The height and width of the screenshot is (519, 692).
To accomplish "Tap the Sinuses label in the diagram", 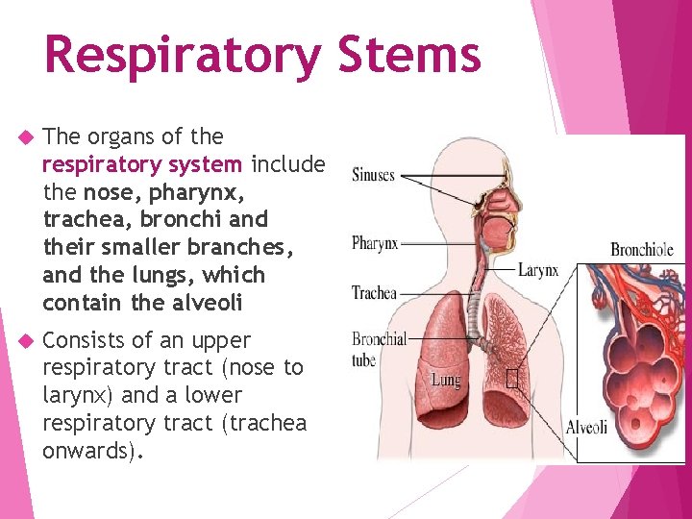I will pos(374,175).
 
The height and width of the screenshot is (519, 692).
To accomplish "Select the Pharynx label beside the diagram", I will pos(375,243).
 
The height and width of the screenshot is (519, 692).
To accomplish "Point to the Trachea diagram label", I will pos(374,292).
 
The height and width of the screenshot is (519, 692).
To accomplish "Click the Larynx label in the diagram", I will pos(538,270).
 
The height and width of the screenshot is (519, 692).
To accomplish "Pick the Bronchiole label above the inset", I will pos(642,250).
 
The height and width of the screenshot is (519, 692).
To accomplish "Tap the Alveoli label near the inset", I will pos(586,427).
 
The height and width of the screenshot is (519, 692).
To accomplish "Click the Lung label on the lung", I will pos(445,380).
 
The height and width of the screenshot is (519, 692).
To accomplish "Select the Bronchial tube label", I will pos(378,349).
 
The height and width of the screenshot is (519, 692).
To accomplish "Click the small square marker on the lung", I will pos(511,380).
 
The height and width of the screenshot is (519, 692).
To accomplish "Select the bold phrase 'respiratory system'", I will pos(142,164).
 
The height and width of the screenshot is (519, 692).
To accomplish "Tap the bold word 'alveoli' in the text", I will pos(210,303).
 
